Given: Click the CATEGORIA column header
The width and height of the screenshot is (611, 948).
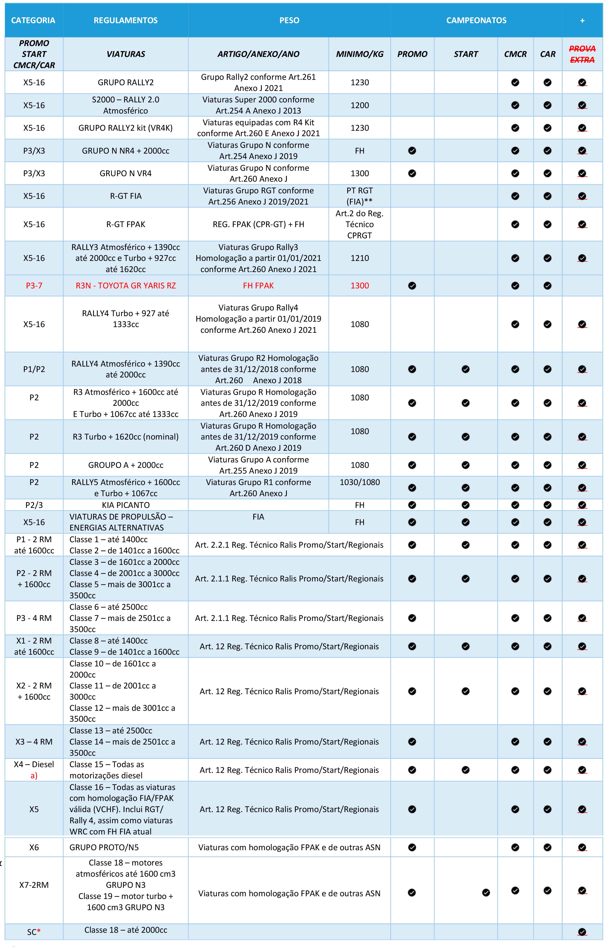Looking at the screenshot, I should pyautogui.click(x=33, y=20).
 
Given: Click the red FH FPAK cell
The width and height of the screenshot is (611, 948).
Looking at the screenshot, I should pyautogui.click(x=258, y=286).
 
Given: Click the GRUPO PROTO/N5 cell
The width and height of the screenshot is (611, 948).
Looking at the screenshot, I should pyautogui.click(x=104, y=847).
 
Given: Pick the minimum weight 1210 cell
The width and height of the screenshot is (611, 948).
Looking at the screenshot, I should pyautogui.click(x=360, y=258).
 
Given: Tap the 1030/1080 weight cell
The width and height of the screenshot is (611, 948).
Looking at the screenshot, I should pyautogui.click(x=360, y=482).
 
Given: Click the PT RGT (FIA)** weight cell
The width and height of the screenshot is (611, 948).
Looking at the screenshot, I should pyautogui.click(x=360, y=196).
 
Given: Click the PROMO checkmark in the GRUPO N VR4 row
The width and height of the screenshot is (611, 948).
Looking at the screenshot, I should pyautogui.click(x=412, y=173).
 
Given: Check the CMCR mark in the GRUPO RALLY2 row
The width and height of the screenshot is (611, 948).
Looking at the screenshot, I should pyautogui.click(x=515, y=83).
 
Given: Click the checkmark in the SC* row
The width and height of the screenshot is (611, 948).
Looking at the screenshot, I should pyautogui.click(x=582, y=932).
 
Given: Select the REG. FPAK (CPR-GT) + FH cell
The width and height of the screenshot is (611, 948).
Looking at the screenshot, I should pyautogui.click(x=258, y=224).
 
